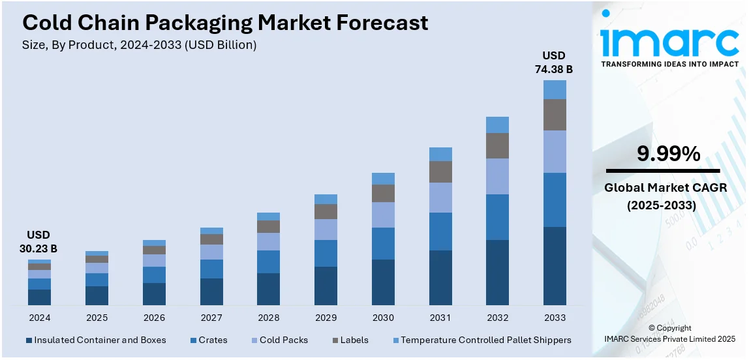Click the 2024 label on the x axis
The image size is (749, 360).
[39, 318]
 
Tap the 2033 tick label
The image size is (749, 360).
[555, 318]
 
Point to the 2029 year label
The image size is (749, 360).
[326, 318]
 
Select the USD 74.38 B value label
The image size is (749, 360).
[555, 63]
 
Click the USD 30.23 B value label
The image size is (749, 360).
[38, 242]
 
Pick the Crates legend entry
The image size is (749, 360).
[209, 340]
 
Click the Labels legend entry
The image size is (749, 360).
[350, 340]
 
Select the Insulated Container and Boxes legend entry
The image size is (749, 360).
[95, 340]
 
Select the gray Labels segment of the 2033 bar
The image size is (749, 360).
[555, 115]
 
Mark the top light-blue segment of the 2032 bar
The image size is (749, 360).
[498, 125]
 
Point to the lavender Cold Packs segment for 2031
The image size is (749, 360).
[440, 198]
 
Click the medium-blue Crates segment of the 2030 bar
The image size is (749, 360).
[383, 243]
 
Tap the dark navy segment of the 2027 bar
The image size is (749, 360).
[211, 292]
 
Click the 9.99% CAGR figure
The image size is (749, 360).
[669, 154]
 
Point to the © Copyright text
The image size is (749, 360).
[670, 328]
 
